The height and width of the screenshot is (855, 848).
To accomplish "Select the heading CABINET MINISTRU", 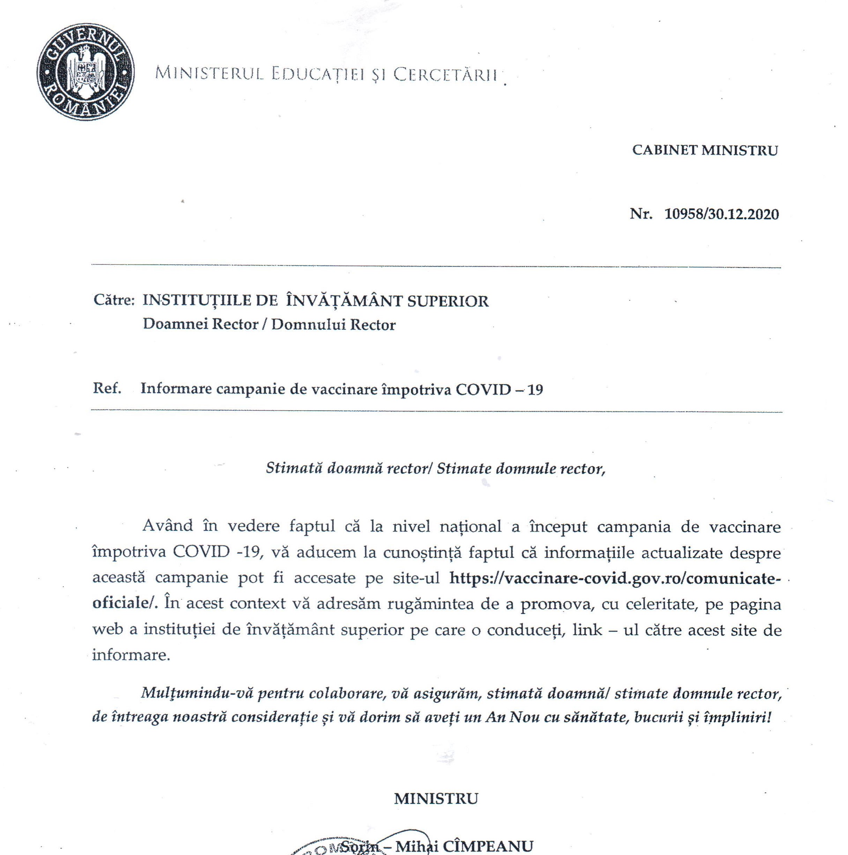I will coord(705,151).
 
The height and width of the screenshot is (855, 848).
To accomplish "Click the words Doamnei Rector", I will coord(200,324).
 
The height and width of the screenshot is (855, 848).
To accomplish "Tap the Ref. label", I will coord(106,388).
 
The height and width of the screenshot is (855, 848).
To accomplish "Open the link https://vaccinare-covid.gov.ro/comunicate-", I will coord(613,578).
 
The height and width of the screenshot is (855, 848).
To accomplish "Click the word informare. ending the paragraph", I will coord(131,655).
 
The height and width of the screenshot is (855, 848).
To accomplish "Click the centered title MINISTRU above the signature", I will coord(436,799).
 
